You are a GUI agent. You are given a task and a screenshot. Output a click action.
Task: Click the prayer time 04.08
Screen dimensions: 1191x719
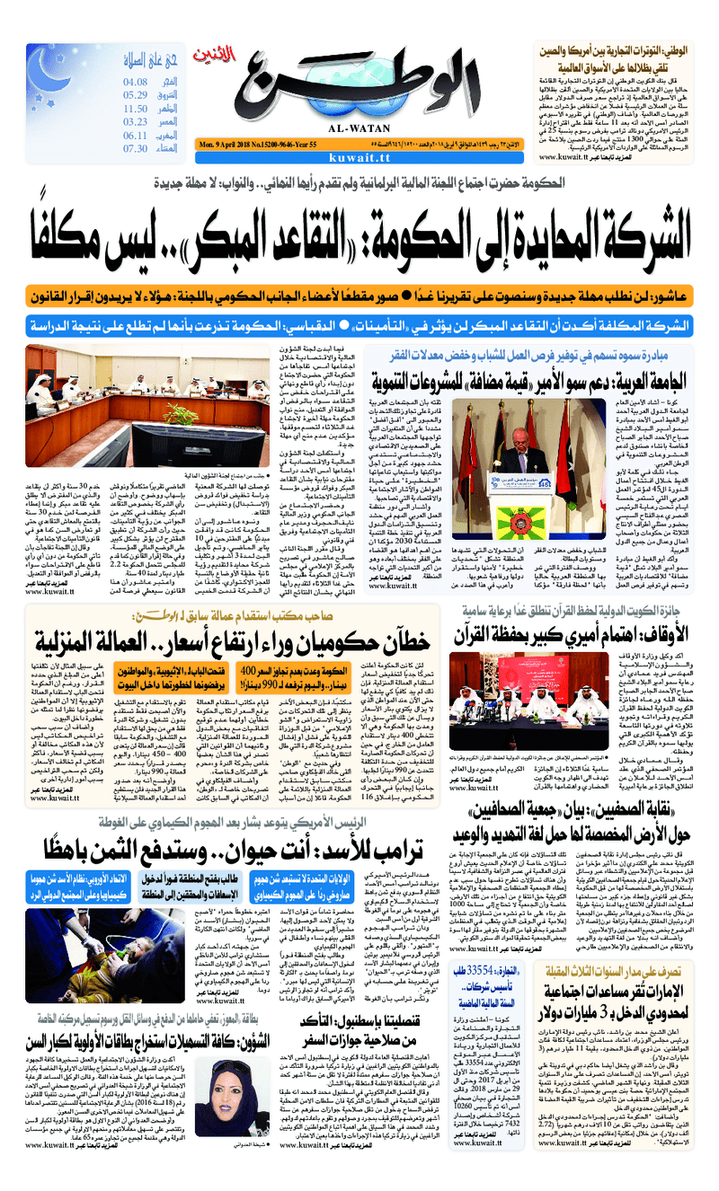(x=136, y=82)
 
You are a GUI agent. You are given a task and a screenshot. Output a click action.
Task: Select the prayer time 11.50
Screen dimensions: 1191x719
(x=136, y=108)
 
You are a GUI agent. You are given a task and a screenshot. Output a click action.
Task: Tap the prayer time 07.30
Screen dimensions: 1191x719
(x=136, y=148)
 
